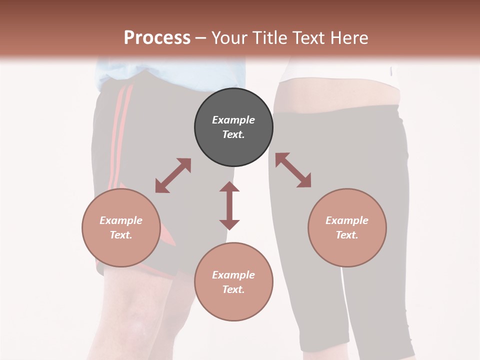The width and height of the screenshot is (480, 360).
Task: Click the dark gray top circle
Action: [233, 127]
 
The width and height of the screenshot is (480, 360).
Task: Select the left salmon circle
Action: [121, 227]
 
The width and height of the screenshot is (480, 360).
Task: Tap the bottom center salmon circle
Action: [233, 281]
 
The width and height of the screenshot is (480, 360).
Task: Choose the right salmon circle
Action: [347, 227]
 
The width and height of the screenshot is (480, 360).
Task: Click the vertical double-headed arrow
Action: [229, 205]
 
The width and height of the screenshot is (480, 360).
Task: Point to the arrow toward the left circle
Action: [173, 175]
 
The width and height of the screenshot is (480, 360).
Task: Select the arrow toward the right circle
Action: [293, 170]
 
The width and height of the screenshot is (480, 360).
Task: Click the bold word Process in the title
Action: [157, 38]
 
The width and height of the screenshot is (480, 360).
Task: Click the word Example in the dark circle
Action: [233, 120]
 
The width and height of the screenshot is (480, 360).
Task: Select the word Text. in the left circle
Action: [121, 235]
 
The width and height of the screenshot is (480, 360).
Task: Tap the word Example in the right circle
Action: [347, 220]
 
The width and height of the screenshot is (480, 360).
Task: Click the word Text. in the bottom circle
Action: [233, 289]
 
